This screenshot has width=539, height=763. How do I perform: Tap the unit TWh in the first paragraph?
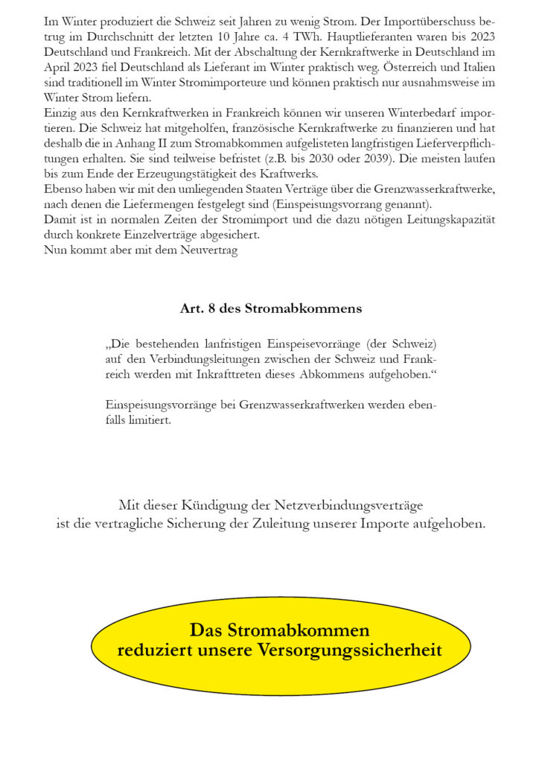pos(353,35)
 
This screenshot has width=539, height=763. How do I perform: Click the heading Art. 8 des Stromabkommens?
pos(271,308)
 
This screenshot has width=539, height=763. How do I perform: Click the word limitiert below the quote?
pos(147,420)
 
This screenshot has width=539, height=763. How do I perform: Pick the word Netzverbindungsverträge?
pos(363,505)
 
